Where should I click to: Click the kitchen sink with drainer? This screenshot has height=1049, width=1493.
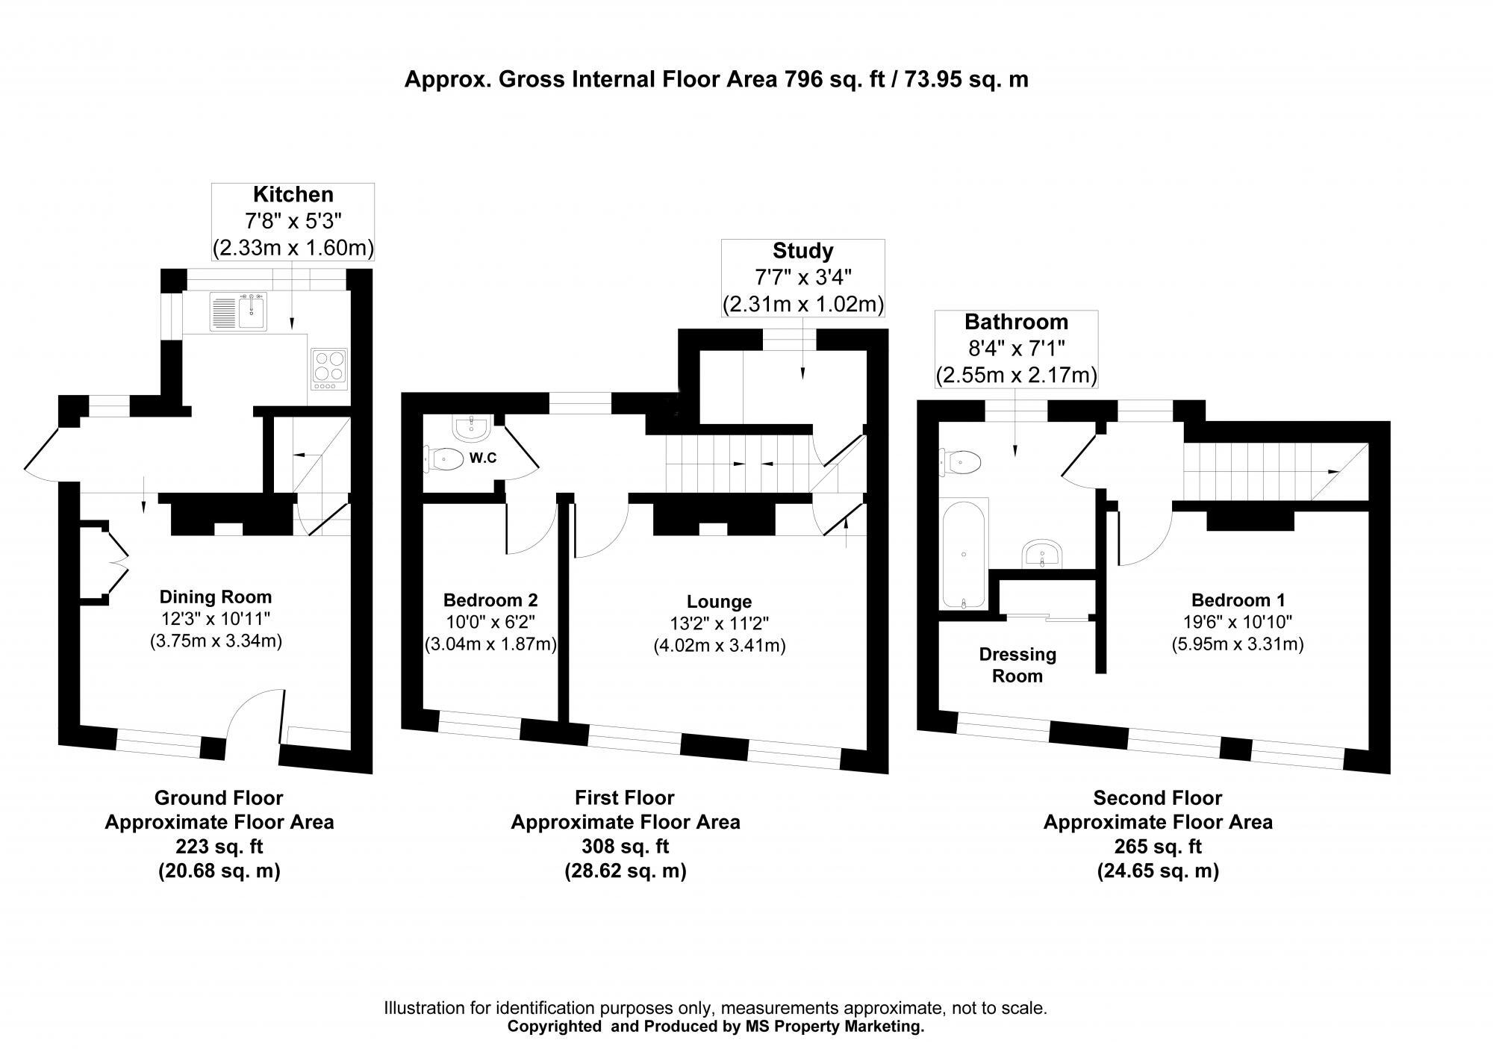(x=238, y=311)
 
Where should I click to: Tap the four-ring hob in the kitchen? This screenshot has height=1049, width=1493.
(x=328, y=369)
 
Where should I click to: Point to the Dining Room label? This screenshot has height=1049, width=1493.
(x=215, y=597)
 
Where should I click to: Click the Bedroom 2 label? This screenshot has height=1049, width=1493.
(x=490, y=600)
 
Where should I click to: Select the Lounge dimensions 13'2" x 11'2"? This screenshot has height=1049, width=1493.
(x=720, y=623)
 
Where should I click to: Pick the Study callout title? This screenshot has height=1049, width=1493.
(x=802, y=251)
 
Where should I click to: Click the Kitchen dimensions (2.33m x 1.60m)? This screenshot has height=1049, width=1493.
(x=293, y=248)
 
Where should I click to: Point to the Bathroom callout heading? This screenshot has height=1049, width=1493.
(x=1016, y=322)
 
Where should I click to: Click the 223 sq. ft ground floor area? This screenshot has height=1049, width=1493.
(x=219, y=847)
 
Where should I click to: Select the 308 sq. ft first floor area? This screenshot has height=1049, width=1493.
(x=625, y=847)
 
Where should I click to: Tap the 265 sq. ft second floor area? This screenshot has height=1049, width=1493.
(x=1157, y=847)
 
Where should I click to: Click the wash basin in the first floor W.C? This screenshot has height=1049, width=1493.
(x=471, y=429)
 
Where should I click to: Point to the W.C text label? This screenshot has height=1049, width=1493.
(x=483, y=458)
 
